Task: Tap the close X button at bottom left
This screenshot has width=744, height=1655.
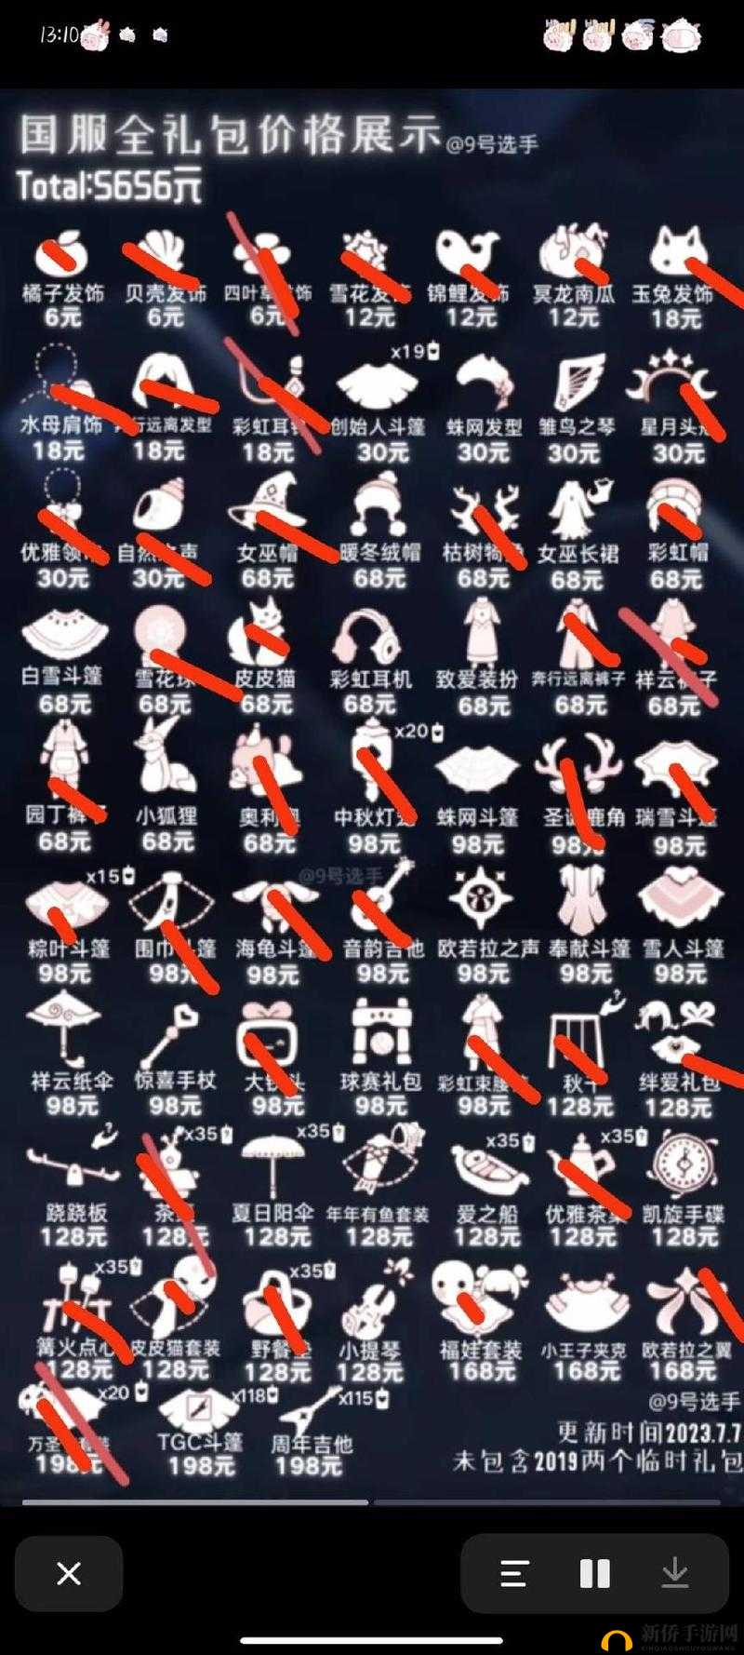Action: [x=69, y=1573]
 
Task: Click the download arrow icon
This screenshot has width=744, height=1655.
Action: [x=674, y=1573]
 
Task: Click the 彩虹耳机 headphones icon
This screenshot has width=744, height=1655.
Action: [x=370, y=638]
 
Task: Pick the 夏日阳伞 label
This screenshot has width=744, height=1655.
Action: [x=272, y=1213]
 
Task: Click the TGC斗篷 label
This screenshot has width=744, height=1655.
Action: [x=200, y=1442]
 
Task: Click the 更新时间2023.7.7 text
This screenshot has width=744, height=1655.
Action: [x=648, y=1431]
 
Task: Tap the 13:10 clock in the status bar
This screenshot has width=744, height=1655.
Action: [x=59, y=35]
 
